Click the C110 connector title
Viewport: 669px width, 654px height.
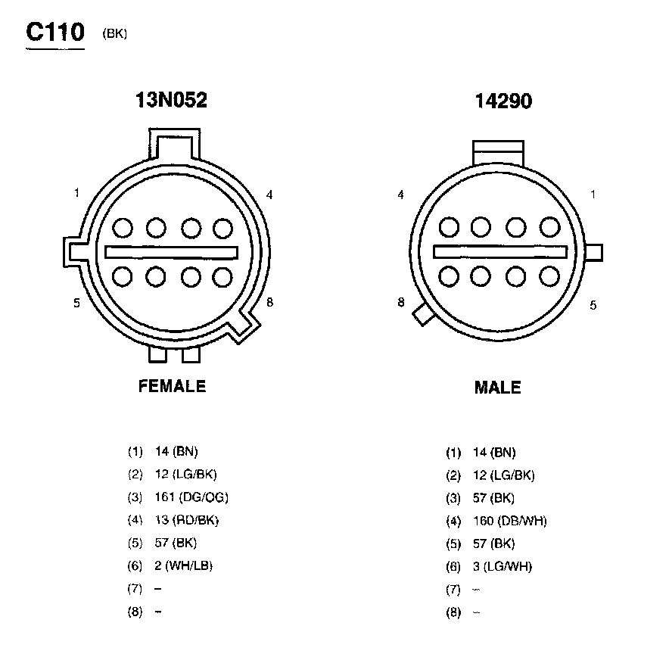click(55, 32)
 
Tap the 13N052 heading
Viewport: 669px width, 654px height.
click(171, 100)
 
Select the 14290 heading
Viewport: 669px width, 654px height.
click(503, 101)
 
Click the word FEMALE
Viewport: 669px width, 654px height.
click(172, 386)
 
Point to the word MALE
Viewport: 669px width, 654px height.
click(497, 388)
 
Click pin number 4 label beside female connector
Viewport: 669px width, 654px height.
click(269, 195)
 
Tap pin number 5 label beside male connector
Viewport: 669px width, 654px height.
click(593, 305)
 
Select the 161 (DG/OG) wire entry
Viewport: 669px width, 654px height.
click(191, 497)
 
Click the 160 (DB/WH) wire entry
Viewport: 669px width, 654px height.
click(510, 521)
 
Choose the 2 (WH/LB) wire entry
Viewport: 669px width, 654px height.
click(183, 565)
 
